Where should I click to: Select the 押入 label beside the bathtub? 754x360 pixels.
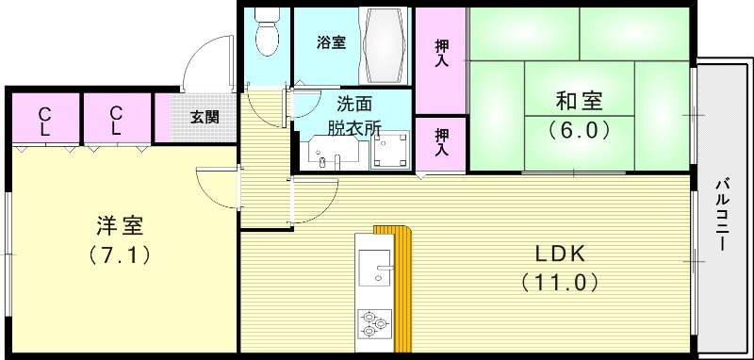click(x=441, y=52)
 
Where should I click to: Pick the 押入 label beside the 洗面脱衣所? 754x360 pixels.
click(x=441, y=141)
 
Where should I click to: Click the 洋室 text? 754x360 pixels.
click(x=120, y=226)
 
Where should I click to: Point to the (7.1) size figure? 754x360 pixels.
click(x=120, y=254)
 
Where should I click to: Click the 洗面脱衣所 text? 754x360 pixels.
click(x=328, y=114)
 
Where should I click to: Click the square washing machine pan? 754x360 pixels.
click(x=389, y=146)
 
